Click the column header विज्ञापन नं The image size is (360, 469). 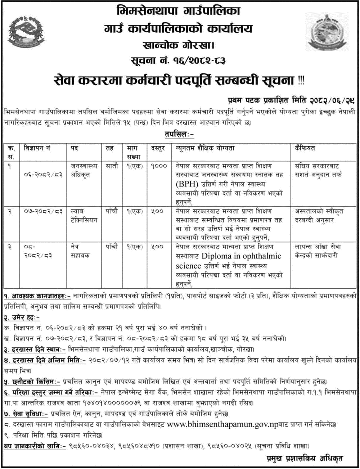[37, 148]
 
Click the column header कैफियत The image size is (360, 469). [305, 148]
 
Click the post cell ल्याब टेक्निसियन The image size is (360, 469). [83, 215]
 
